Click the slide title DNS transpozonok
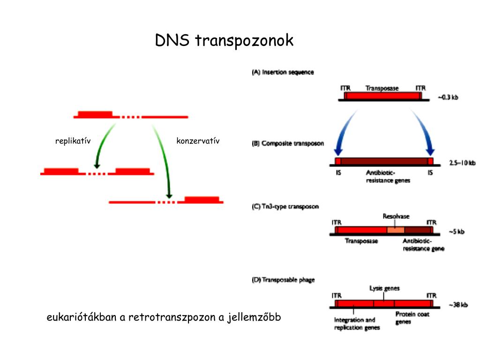click(224, 40)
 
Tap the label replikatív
click(73, 141)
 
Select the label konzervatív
click(198, 141)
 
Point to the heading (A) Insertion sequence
click(283, 72)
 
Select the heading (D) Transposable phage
click(284, 280)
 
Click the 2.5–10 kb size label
click(462, 163)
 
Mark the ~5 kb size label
click(456, 232)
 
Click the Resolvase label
click(396, 217)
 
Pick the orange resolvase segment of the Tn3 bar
click(396, 230)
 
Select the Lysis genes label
click(384, 288)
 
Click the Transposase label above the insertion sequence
click(382, 88)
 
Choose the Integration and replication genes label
click(355, 324)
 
